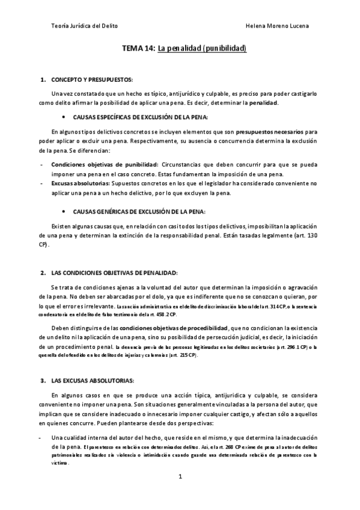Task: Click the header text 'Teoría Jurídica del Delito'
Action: pyautogui.click(x=85, y=26)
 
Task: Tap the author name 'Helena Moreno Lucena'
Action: pyautogui.click(x=278, y=26)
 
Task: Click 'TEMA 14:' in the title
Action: pyautogui.click(x=139, y=49)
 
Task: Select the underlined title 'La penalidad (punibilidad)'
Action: pyautogui.click(x=202, y=49)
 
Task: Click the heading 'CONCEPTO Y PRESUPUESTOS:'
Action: pyautogui.click(x=91, y=79)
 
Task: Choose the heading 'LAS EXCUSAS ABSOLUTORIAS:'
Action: pyautogui.click(x=93, y=381)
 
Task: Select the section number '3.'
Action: pyautogui.click(x=43, y=381)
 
